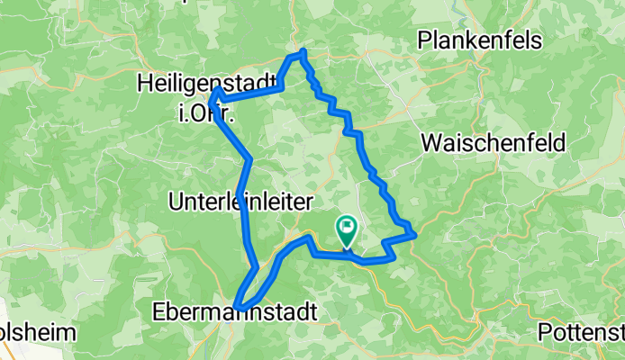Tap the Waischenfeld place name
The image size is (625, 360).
click(493, 142)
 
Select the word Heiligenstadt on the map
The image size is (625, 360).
click(206, 84)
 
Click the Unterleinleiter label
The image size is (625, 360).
click(240, 202)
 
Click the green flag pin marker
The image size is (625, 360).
click(347, 230)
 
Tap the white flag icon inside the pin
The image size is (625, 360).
click(347, 227)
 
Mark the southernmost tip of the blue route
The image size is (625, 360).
click(238, 305)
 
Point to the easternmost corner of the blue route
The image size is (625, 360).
click(413, 235)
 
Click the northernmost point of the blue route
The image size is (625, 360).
click(304, 51)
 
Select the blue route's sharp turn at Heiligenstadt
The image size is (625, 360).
click(216, 93)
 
